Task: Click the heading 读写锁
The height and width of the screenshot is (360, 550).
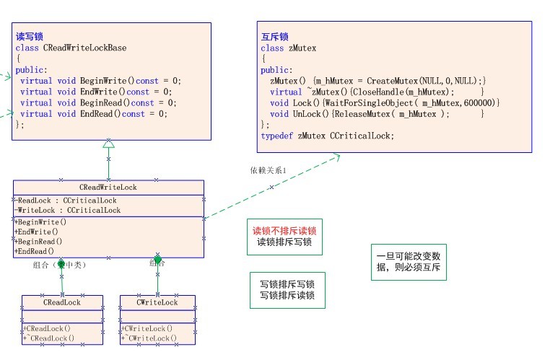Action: click(x=30, y=36)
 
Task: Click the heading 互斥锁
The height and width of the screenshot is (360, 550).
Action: click(x=274, y=36)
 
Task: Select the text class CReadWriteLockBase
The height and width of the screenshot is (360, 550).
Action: click(x=71, y=48)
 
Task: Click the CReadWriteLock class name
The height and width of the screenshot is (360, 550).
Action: click(x=108, y=188)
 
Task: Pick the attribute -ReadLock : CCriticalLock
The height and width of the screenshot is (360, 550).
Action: click(x=66, y=201)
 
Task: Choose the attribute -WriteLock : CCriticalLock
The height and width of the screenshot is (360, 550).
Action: click(x=68, y=211)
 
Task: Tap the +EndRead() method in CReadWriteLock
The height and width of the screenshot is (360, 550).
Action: click(x=35, y=251)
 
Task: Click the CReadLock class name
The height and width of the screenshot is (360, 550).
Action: click(x=62, y=302)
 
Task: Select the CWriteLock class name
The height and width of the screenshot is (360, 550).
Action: click(x=157, y=302)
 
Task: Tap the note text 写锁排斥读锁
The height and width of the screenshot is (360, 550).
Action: click(x=287, y=296)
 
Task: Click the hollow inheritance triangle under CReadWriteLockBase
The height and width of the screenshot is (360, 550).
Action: click(x=108, y=144)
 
